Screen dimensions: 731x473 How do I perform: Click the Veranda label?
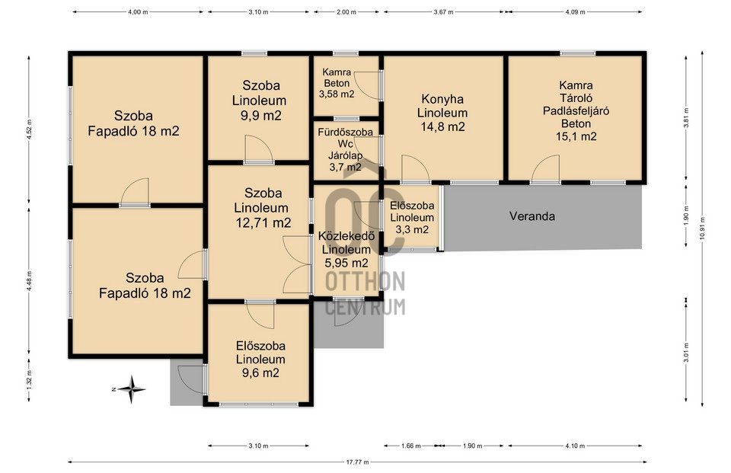pos(532,216)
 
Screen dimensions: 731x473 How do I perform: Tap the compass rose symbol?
pos(131,389)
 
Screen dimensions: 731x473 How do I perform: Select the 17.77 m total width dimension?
pos(357,462)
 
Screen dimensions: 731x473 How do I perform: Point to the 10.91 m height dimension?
pos(702,229)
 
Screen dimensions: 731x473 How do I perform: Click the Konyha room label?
pos(442,99)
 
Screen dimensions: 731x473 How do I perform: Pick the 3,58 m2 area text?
pos(337,94)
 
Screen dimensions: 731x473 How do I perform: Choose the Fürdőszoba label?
pos(346,132)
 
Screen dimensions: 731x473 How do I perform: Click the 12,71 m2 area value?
pos(263,223)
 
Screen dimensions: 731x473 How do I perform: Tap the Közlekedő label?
pos(346,236)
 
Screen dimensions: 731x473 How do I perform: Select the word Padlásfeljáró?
pos(576,111)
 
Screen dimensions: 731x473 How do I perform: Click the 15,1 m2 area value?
pos(576,136)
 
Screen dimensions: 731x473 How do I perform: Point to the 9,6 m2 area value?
pos(260,372)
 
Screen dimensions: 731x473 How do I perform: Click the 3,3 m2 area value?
pos(412,229)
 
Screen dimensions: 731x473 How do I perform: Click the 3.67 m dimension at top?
pos(443,12)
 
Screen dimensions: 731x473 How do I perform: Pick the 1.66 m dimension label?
pos(410,446)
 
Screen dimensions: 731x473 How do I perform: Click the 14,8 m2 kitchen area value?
pos(443,126)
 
